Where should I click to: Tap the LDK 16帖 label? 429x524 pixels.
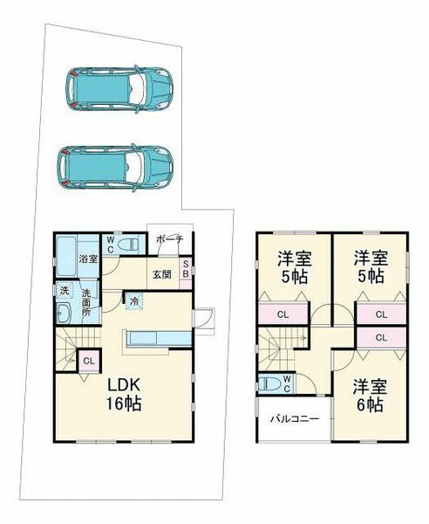tap(124, 396)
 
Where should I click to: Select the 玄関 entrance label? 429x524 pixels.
tap(161, 274)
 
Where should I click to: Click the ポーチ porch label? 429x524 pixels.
tap(169, 239)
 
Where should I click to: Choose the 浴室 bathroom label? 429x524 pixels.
tap(87, 259)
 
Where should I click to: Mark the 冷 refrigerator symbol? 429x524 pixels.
tap(134, 301)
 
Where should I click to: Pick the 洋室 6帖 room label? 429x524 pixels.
tap(371, 395)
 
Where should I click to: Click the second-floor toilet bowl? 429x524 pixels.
tap(268, 383)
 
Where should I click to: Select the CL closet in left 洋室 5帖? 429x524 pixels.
tap(282, 314)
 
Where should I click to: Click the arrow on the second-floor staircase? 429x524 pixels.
tap(302, 337)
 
